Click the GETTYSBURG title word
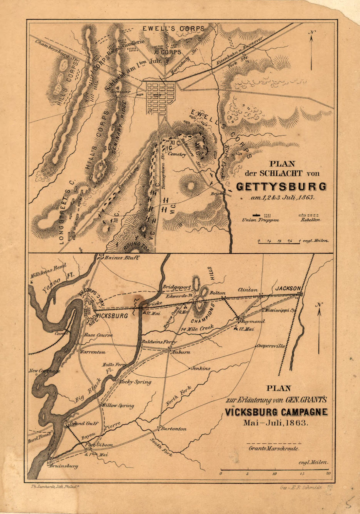[x=281, y=186]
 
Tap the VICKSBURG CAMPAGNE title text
[x=276, y=412]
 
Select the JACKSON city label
[x=288, y=288]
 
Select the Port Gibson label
[x=99, y=445]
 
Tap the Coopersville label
[x=271, y=346]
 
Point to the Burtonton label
[x=174, y=429]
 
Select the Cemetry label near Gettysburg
[x=177, y=155]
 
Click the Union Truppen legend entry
[x=261, y=220]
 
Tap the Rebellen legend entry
[x=311, y=220]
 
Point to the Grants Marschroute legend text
[x=274, y=449]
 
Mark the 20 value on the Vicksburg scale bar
[x=328, y=473]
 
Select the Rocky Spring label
[x=135, y=382]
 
